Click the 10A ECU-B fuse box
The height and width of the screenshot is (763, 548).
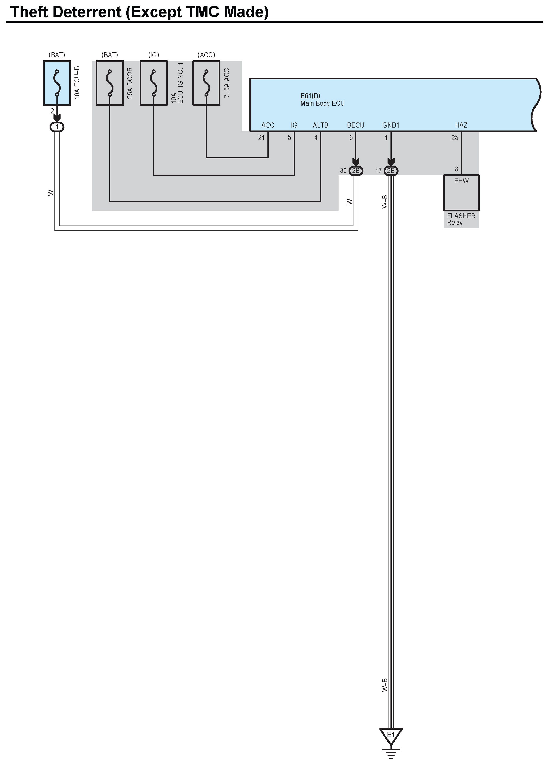(x=57, y=83)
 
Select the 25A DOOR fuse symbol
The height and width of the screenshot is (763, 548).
(x=110, y=83)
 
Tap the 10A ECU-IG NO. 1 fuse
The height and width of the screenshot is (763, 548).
(x=153, y=83)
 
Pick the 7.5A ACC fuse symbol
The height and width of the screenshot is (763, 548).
(x=206, y=83)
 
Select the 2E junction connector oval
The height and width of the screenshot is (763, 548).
(x=391, y=171)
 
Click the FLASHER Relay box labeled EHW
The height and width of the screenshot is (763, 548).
(x=461, y=193)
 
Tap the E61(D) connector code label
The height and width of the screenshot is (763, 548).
(x=310, y=96)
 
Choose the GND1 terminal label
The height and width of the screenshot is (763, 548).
(x=391, y=125)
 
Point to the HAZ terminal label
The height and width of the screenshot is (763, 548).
(x=461, y=125)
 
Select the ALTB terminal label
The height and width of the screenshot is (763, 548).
(x=320, y=125)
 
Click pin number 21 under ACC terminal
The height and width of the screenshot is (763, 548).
(x=261, y=137)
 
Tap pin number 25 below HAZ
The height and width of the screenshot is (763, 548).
(x=455, y=137)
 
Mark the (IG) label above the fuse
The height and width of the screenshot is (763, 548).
(x=153, y=55)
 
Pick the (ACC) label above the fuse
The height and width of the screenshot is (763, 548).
(x=206, y=55)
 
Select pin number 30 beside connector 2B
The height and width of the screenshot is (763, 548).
(x=343, y=171)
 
